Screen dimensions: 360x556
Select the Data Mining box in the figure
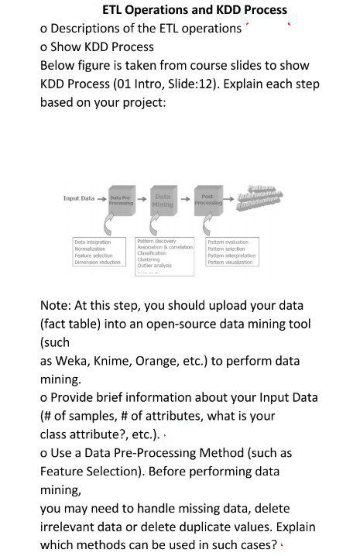point(163,200)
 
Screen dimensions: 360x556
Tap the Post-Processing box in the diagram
point(210,200)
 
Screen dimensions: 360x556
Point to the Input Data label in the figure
point(79,198)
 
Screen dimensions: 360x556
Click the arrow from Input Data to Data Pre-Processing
point(101,198)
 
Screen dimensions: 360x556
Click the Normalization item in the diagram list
point(90,247)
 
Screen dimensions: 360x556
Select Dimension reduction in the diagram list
point(98,262)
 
